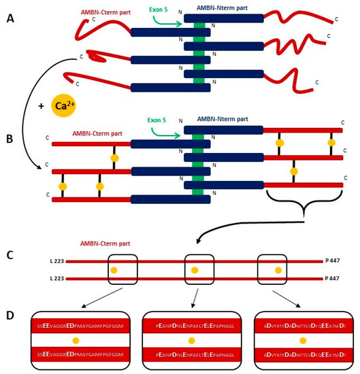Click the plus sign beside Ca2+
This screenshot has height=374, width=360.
[x=40, y=107]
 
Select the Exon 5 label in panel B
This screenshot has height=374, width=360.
[x=161, y=121]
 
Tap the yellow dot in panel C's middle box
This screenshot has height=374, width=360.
[x=195, y=271]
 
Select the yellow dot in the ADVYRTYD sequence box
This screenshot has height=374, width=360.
[x=302, y=340]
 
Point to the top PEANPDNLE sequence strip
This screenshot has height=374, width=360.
[x=191, y=326]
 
